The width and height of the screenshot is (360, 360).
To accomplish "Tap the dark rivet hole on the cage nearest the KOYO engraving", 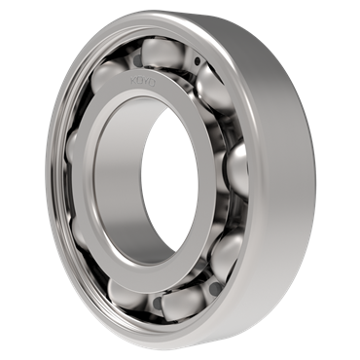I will (x=198, y=62).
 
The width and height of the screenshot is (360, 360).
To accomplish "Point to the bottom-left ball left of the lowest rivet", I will (x=125, y=289).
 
